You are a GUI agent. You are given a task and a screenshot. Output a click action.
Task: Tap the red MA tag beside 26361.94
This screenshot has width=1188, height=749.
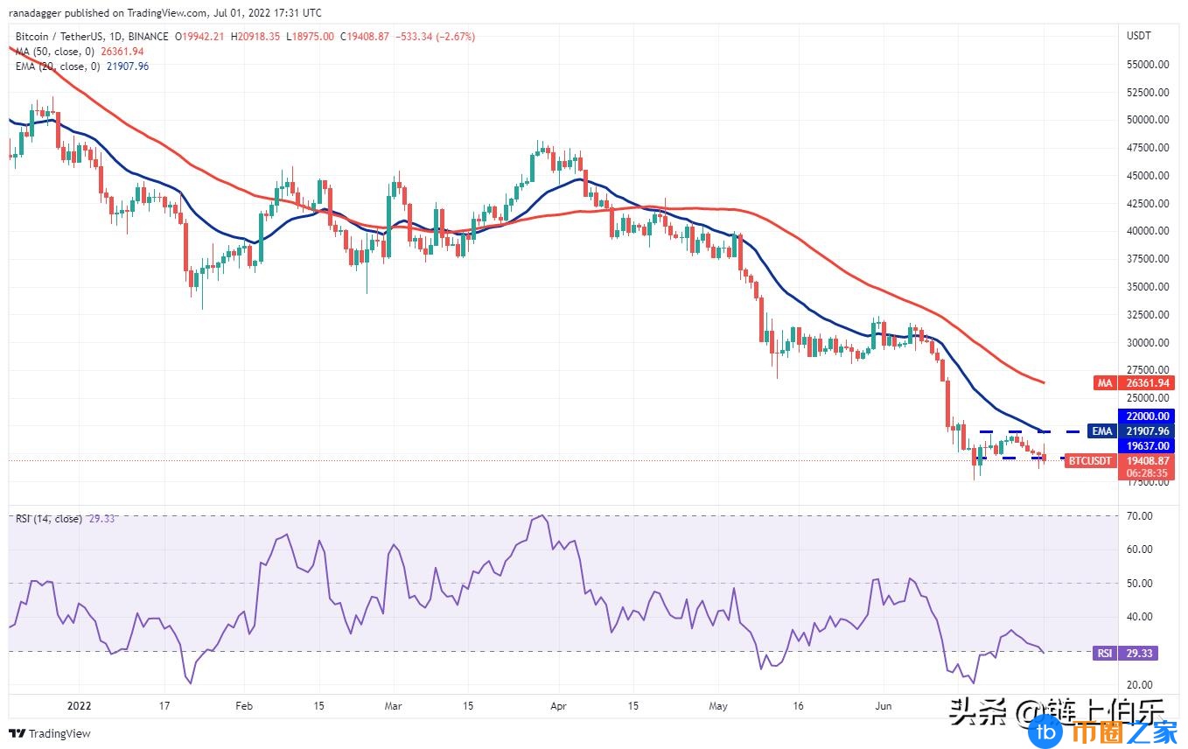(1104, 382)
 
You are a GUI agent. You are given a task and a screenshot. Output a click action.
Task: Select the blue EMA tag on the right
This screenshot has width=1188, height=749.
(1101, 430)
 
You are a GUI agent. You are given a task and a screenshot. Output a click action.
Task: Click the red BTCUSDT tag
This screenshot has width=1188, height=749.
(1090, 460)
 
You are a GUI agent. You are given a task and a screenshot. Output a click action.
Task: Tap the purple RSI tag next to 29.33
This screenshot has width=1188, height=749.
(1104, 653)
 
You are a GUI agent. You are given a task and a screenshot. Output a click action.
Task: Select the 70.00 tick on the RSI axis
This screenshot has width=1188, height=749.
(1140, 516)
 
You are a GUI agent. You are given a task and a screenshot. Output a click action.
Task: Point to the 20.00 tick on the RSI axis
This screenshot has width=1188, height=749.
(1140, 684)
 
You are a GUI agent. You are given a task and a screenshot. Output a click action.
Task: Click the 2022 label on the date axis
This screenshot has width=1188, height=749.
(80, 705)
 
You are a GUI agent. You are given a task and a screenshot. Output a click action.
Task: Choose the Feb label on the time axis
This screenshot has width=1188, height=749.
(244, 705)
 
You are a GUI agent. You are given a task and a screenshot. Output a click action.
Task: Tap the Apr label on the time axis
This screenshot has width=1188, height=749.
(559, 705)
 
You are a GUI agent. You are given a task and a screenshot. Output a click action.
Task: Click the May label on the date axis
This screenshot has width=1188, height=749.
(718, 705)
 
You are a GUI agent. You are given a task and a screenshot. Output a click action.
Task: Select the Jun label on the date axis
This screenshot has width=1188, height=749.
(884, 705)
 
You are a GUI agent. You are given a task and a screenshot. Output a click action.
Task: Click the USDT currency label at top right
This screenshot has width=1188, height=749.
(1139, 36)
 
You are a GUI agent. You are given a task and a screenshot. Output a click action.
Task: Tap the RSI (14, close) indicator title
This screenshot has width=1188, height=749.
(49, 519)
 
